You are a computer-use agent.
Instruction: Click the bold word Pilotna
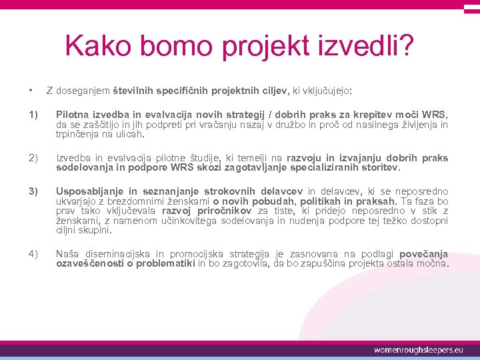74,115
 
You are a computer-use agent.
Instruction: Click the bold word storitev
380,167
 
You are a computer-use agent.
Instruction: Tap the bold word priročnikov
224,211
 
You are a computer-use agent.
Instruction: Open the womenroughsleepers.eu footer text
418,349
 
